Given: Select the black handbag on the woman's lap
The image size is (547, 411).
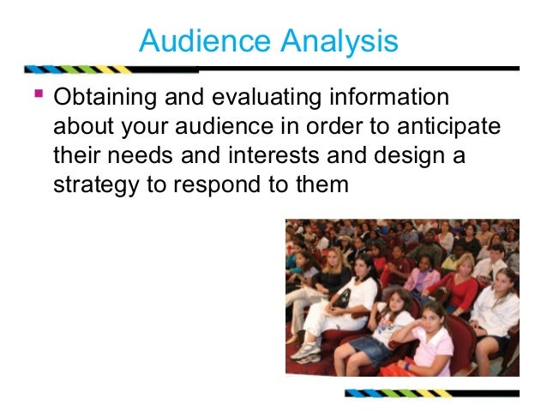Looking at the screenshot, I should point(341,297).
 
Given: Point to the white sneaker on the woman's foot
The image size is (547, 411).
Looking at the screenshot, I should point(304,352).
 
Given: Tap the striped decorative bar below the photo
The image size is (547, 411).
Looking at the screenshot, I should point(431,394).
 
